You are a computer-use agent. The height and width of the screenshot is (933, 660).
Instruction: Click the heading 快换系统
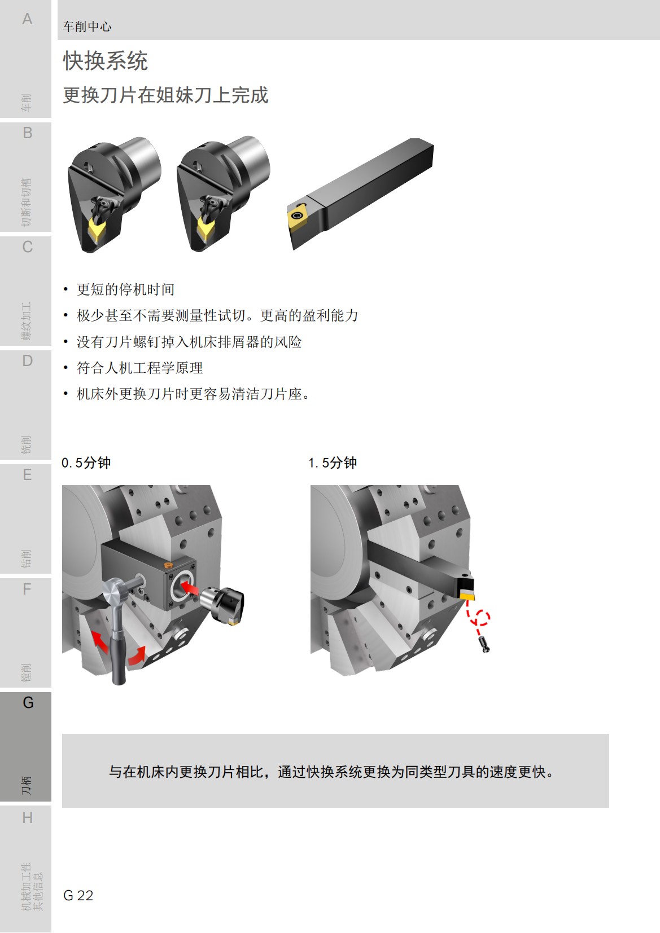[105, 61]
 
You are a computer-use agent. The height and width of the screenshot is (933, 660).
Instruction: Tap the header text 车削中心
[87, 27]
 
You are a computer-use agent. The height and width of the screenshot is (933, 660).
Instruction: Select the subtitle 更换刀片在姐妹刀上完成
[165, 95]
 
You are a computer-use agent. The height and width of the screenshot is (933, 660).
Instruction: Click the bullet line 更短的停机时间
[125, 289]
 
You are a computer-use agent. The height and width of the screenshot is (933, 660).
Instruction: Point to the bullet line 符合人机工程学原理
[139, 368]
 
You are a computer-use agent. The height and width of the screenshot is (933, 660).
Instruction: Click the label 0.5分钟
[86, 463]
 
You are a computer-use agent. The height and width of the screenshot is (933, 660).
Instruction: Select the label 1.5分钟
[333, 463]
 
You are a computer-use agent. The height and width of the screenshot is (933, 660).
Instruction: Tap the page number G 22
[78, 895]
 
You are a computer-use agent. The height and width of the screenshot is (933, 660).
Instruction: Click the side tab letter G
[28, 703]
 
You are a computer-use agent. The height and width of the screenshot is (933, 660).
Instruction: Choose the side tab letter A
[27, 19]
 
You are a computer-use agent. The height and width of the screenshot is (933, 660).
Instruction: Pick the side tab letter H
[27, 818]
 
